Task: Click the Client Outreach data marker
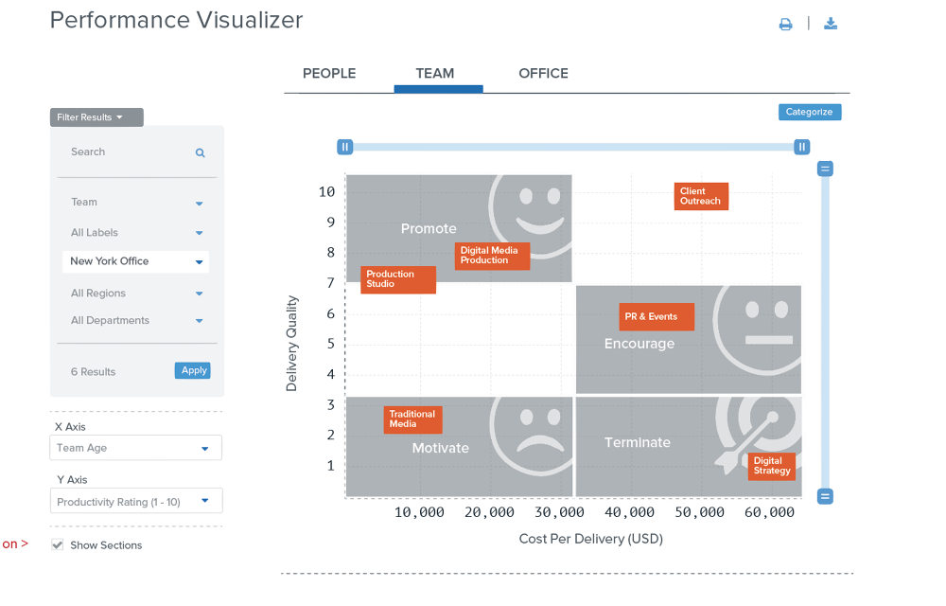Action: point(701,196)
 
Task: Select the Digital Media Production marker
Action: point(492,256)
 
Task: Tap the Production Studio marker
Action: point(398,279)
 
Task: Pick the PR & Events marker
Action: point(657,317)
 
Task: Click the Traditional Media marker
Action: point(413,419)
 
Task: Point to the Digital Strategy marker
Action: point(771,466)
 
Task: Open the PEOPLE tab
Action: point(329,74)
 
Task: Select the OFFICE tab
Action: point(543,74)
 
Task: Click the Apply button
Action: point(193,370)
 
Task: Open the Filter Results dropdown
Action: point(96,117)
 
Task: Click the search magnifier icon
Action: point(201,152)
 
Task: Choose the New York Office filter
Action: point(135,261)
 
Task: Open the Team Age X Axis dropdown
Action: point(136,448)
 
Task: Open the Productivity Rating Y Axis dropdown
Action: point(136,501)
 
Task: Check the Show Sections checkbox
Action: point(58,545)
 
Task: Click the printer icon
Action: point(785,25)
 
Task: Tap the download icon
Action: point(831,24)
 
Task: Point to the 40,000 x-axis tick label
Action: point(629,512)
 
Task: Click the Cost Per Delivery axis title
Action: point(590,539)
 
